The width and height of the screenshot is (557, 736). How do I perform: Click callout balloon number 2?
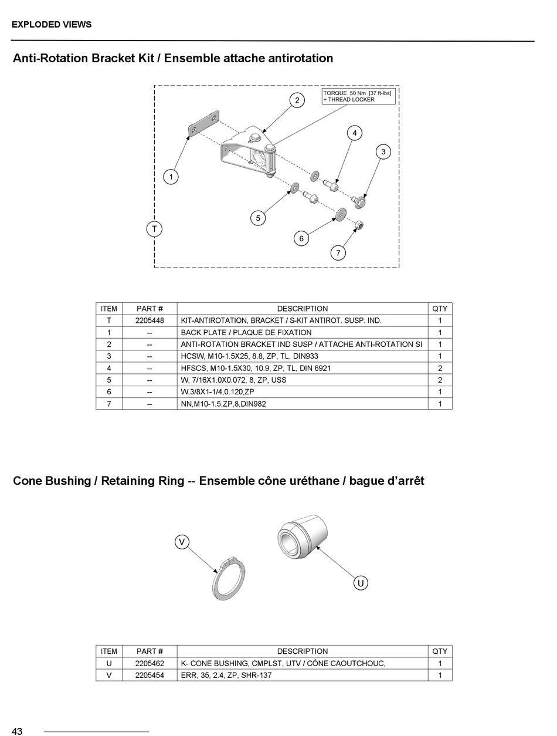[297, 100]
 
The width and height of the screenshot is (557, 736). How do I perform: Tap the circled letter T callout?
[154, 228]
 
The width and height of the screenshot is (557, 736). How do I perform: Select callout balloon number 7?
[338, 253]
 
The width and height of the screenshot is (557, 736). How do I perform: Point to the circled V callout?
[182, 542]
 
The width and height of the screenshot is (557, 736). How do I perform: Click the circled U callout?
[361, 583]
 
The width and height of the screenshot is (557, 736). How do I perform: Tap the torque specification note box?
[358, 96]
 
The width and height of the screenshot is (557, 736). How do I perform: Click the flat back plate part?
[202, 124]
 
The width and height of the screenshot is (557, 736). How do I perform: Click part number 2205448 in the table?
[150, 320]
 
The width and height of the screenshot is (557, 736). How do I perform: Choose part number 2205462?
[150, 663]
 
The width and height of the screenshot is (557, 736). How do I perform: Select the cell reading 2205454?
[150, 675]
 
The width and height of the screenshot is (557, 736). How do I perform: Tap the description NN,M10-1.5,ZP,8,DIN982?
[223, 404]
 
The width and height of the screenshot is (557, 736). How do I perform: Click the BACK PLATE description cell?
[246, 332]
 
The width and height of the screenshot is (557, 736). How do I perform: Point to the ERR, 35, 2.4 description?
[226, 675]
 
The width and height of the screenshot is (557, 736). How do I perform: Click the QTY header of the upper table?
[440, 309]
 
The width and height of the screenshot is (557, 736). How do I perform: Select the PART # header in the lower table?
[150, 651]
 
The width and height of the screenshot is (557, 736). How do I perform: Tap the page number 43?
[17, 731]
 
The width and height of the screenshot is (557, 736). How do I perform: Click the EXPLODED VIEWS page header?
[52, 25]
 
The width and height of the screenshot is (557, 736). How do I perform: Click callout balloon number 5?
[258, 218]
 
